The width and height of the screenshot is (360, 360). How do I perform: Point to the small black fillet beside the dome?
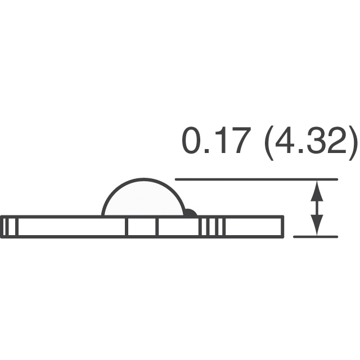[190, 213]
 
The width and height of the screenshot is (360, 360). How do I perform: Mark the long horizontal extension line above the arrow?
[256, 179]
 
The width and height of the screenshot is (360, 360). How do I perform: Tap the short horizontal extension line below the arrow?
[316, 237]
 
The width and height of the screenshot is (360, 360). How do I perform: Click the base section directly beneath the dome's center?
[142, 227]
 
